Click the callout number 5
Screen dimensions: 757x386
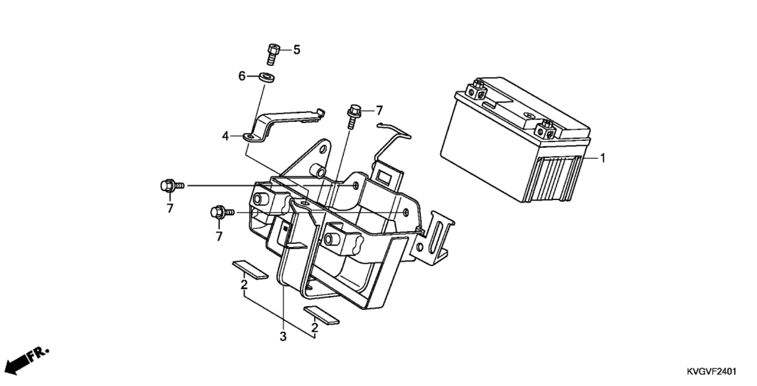[x=297, y=50]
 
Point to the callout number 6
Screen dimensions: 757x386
[x=242, y=76]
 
